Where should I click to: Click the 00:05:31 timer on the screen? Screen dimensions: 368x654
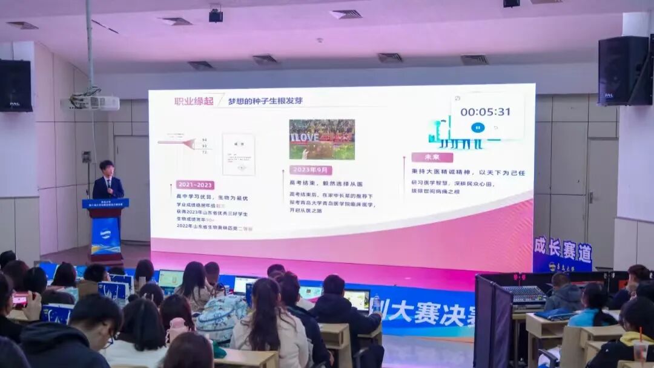point(485,112)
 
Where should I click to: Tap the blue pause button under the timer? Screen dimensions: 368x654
point(477,128)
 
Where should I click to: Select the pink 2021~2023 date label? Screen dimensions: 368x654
point(195,185)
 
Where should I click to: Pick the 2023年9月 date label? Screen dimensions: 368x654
point(310,170)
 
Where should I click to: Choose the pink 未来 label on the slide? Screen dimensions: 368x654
point(432,157)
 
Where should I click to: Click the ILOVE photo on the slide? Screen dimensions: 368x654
point(322,139)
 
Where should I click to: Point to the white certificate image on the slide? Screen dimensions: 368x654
point(238,154)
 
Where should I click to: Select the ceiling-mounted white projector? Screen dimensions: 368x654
point(91,103)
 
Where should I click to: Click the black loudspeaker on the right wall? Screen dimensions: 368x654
point(624,71)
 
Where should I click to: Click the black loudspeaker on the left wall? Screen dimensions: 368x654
point(15,85)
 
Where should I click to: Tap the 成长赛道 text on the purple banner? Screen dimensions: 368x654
point(562,249)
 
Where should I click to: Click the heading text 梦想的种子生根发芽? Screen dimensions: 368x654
point(265,101)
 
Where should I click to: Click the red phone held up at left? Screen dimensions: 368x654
point(20,298)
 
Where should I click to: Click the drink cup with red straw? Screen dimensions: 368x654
point(640,349)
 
